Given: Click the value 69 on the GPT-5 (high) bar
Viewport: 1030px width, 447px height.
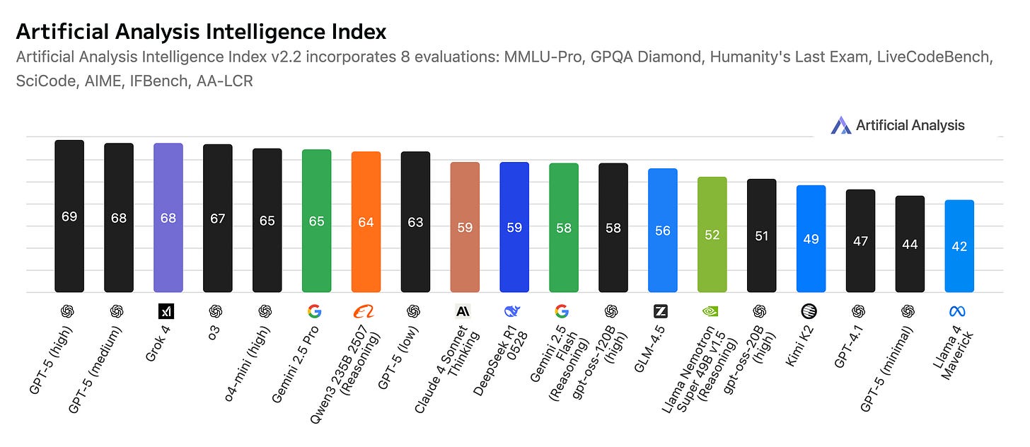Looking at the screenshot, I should point(69,217).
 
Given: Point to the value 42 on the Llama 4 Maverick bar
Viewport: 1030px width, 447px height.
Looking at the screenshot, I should point(959,247).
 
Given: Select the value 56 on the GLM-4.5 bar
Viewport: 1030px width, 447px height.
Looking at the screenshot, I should point(662,231).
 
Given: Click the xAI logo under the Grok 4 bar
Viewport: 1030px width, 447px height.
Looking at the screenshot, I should point(166,311).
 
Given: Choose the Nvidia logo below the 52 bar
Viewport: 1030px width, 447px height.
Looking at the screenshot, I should point(711,311).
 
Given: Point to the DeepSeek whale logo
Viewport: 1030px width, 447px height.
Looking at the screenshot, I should point(512,311).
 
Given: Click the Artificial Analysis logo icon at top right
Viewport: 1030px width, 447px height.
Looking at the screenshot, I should point(840,126).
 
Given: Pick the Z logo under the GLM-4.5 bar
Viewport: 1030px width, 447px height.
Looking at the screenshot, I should point(661,311).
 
